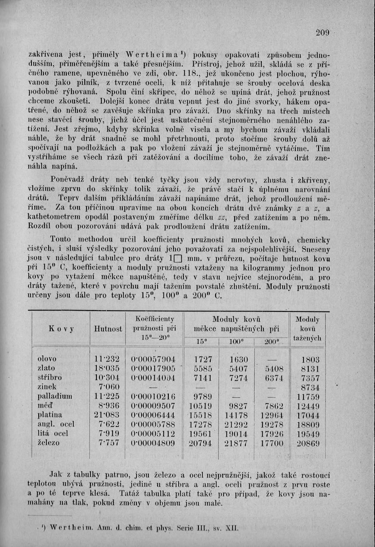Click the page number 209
(322, 32)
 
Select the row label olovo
(47, 359)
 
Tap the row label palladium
(55, 396)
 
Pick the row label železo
(49, 442)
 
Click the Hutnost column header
(108, 329)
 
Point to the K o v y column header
(61, 329)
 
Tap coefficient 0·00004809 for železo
(153, 442)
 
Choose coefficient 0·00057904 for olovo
(153, 359)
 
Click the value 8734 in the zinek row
(310, 387)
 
